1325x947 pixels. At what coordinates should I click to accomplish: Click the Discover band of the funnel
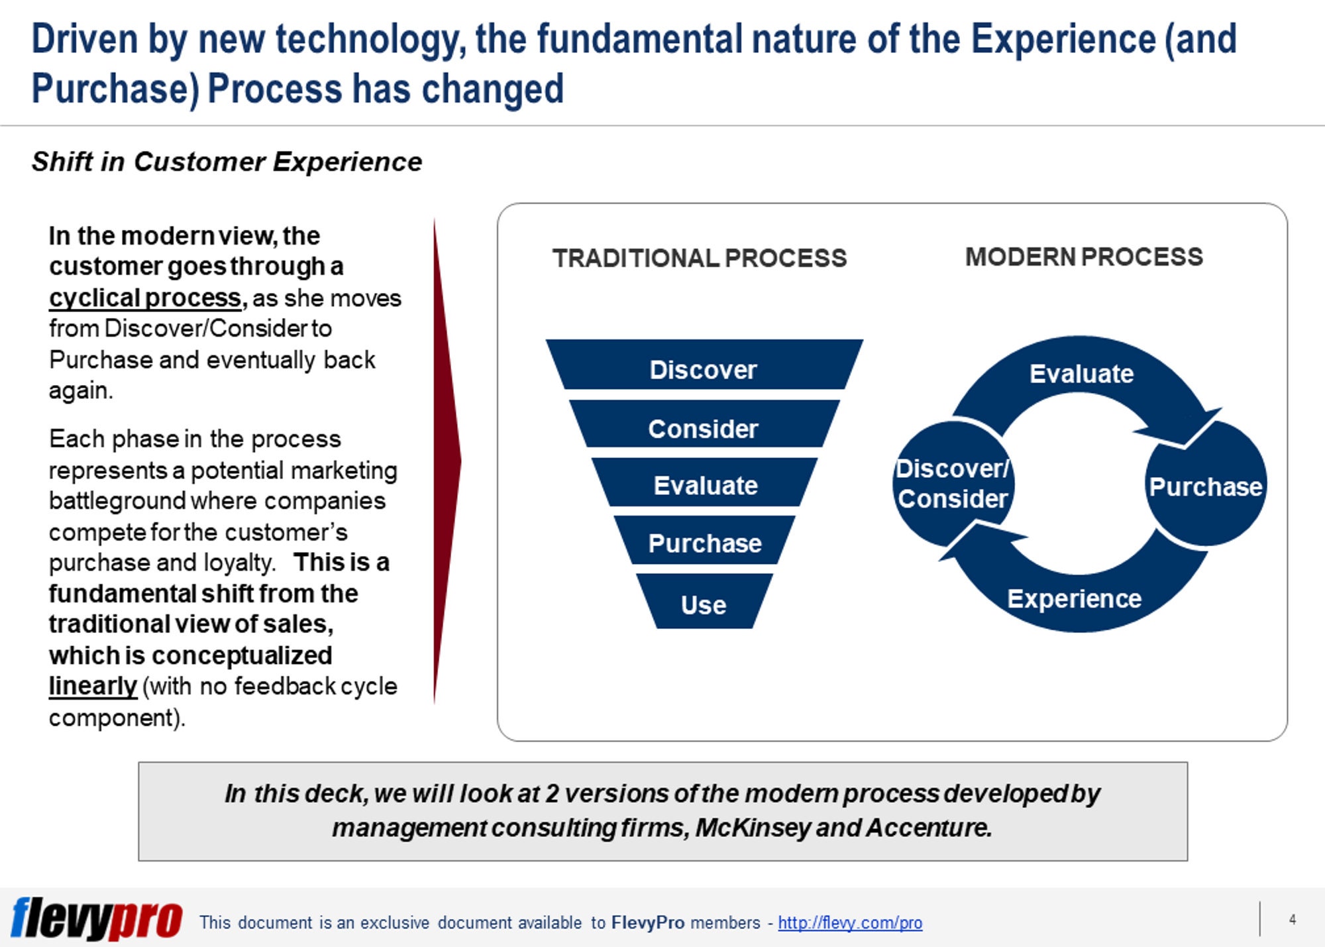pos(704,369)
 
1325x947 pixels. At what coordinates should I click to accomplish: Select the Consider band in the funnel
pos(704,428)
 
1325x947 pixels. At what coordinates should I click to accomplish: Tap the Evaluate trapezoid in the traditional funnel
pos(705,485)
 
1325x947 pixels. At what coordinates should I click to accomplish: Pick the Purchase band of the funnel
pos(705,543)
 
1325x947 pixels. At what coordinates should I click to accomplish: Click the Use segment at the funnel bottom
pos(704,604)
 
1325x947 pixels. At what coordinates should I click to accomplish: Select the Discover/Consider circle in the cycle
pos(953,484)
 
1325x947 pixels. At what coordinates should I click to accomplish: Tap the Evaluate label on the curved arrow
pos(1081,374)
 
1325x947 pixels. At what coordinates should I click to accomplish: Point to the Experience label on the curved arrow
pos(1074,598)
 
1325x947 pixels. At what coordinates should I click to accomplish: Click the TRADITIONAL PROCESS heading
pos(700,258)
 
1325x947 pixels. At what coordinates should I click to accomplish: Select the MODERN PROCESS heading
pos(1084,256)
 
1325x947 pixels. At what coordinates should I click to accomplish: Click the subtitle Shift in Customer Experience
pos(227,162)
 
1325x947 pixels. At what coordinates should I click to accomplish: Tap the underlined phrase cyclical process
pos(145,298)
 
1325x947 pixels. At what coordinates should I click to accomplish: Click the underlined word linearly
pos(93,686)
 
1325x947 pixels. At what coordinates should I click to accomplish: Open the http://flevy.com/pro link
pos(850,922)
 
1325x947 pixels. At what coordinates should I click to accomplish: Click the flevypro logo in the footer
pos(97,919)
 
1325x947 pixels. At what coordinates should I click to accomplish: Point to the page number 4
pos(1292,919)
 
